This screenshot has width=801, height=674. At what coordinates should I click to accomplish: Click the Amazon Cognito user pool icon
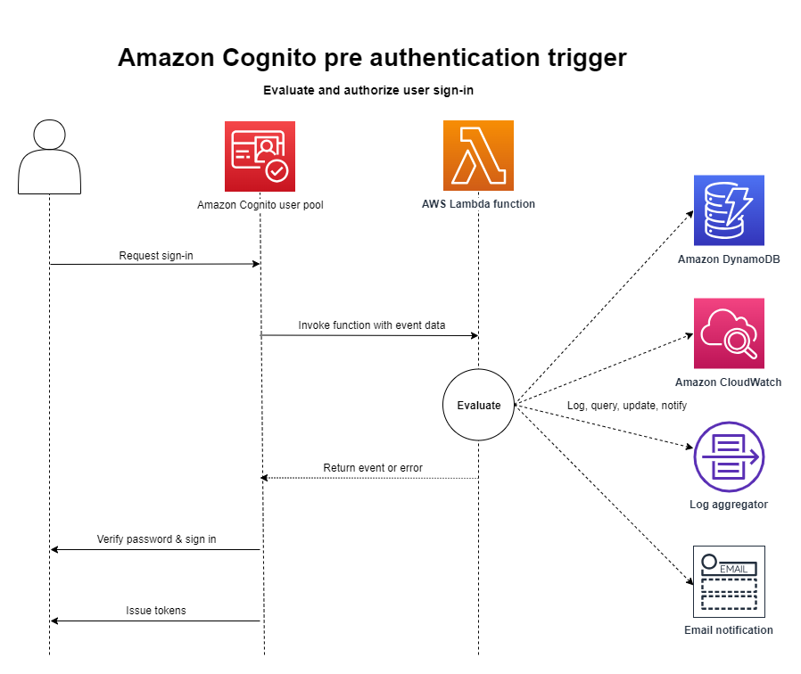click(x=260, y=156)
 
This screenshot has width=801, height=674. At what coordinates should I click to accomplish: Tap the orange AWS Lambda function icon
click(x=478, y=156)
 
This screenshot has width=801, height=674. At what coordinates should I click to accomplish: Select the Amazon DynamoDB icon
click(x=729, y=210)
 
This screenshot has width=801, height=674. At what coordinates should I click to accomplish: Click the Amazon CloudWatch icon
click(x=729, y=333)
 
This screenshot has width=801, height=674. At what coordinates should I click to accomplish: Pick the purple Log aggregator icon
click(x=729, y=456)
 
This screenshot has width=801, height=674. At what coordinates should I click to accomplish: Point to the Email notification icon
click(x=729, y=581)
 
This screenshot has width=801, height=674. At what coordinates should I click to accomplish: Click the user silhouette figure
click(x=49, y=157)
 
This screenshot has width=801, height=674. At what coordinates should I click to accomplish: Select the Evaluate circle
click(x=478, y=406)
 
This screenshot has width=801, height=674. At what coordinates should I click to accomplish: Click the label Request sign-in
click(x=156, y=256)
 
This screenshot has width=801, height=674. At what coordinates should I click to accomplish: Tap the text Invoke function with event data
click(x=372, y=325)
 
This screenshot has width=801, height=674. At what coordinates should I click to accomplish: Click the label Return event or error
click(x=373, y=468)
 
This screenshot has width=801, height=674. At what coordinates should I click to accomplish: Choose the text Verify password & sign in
click(x=156, y=539)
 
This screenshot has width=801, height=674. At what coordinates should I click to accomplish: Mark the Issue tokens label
click(x=156, y=611)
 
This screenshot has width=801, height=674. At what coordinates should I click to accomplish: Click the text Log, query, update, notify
click(x=626, y=406)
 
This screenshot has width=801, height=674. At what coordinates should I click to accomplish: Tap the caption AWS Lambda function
click(x=478, y=204)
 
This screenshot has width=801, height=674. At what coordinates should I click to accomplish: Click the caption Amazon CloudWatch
click(x=728, y=382)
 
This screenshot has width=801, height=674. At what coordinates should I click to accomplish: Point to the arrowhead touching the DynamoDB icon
click(x=690, y=213)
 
